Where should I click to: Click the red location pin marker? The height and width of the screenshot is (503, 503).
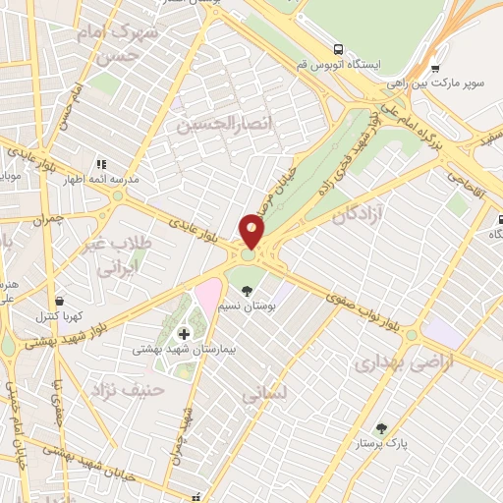tap(252, 232)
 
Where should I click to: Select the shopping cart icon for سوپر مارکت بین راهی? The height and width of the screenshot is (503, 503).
tap(435, 69)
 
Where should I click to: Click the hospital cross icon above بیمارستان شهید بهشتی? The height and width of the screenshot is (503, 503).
tap(185, 335)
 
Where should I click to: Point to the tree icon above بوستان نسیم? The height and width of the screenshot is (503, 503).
tap(247, 291)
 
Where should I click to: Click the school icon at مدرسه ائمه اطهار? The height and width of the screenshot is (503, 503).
tap(99, 164)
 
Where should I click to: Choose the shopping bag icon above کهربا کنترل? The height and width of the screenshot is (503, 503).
tap(61, 301)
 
